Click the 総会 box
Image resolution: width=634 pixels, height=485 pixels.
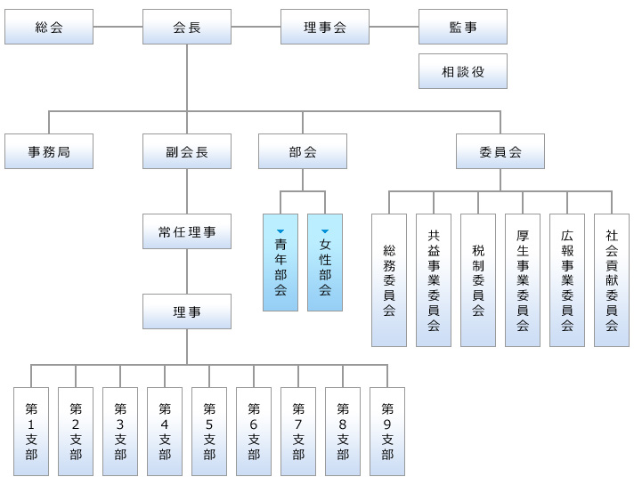tap(49, 27)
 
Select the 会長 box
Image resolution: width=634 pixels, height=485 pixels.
tap(187, 27)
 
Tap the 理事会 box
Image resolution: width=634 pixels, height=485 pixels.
tap(325, 27)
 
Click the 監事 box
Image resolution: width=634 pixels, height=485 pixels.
tap(463, 27)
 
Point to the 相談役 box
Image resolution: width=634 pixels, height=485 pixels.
tap(463, 71)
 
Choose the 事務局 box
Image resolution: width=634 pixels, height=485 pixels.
tap(49, 151)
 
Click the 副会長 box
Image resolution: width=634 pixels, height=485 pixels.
tap(187, 151)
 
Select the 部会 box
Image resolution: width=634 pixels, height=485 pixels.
tap(303, 151)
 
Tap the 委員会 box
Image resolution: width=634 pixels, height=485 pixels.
tap(500, 151)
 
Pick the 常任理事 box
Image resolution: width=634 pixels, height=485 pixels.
tap(187, 231)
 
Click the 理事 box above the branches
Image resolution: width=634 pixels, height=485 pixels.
tap(187, 311)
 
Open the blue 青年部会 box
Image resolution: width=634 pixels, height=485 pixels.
tap(280, 267)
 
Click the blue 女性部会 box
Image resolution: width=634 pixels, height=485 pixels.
tap(325, 267)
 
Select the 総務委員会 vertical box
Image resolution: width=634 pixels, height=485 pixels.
tap(389, 280)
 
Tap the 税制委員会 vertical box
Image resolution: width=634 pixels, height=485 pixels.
tap(478, 280)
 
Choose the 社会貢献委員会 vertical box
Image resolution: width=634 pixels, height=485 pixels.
tap(612, 280)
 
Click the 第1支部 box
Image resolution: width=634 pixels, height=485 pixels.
tap(31, 432)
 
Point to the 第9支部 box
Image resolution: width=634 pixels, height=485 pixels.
tap(387, 432)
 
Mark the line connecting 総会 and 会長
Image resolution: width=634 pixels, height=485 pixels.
tap(118, 27)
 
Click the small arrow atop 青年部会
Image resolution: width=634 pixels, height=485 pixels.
tap(280, 231)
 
